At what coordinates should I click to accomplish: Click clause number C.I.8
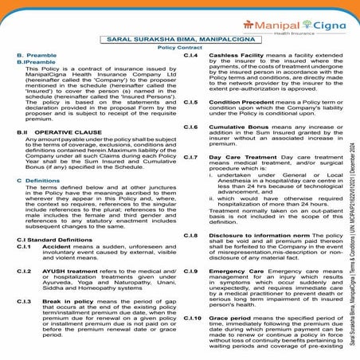coord(190,237)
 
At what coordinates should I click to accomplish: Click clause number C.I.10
coord(192,319)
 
